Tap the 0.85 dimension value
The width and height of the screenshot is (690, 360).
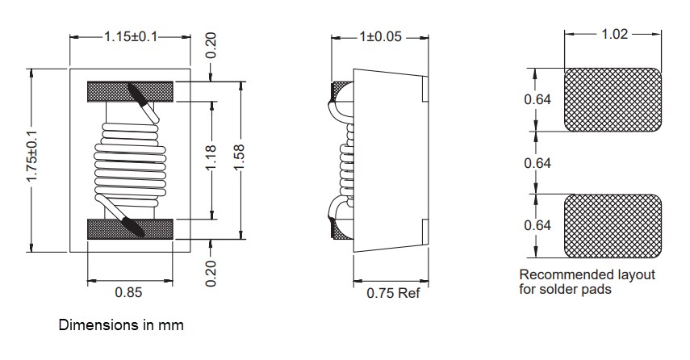point(129,293)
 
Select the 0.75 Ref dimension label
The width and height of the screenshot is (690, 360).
point(393,293)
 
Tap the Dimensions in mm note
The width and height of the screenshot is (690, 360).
point(121,326)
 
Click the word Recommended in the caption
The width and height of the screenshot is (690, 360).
point(555,274)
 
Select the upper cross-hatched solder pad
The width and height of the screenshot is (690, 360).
point(613,100)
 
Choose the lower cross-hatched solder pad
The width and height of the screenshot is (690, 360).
point(613,224)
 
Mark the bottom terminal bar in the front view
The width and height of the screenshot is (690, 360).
point(129,229)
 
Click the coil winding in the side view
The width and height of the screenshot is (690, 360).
point(346,161)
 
